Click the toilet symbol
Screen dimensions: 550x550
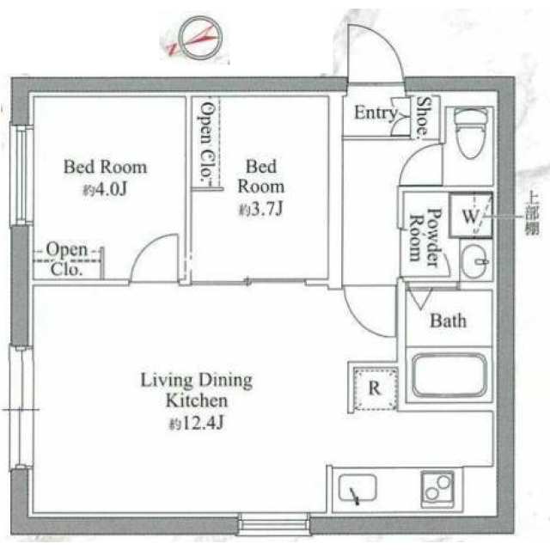point(471,132)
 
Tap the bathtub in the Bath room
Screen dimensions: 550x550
point(449,376)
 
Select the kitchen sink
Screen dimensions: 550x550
point(357,488)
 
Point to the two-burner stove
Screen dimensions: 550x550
point(437,489)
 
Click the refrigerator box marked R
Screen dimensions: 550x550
point(376,388)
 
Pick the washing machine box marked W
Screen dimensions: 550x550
point(471,216)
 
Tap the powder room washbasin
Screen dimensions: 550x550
point(474,261)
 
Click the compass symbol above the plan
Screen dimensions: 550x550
point(199,38)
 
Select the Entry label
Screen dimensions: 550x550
point(376,113)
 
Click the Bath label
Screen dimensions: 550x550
point(448,321)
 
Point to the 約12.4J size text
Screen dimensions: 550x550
point(197,424)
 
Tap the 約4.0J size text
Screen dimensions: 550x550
point(105,190)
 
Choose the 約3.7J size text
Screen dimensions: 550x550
point(260,210)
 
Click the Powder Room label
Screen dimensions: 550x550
point(425,236)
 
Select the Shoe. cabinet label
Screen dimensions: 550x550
point(423,116)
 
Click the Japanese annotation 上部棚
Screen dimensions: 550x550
point(531,215)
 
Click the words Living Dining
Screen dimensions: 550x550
point(197,380)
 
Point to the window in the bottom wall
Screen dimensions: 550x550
point(274,524)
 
